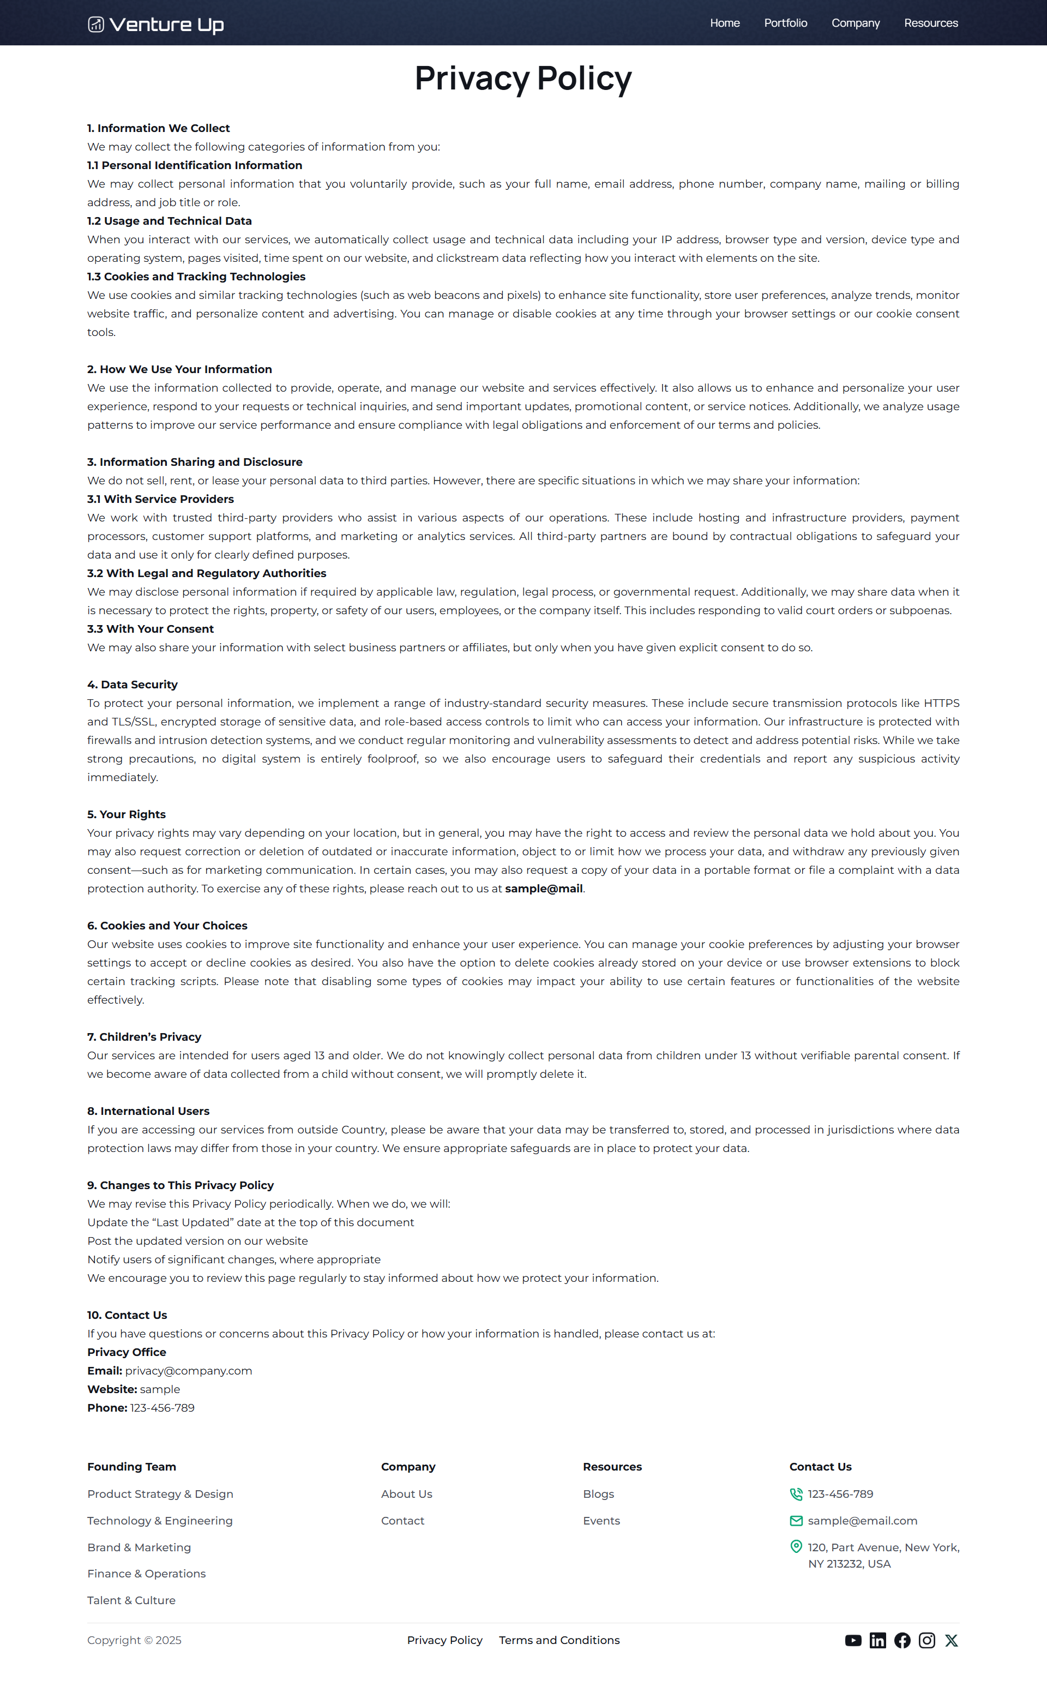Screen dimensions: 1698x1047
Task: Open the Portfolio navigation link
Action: click(x=785, y=23)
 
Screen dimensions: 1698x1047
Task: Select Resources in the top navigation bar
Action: click(x=931, y=23)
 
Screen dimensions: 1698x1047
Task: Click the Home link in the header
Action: click(x=724, y=23)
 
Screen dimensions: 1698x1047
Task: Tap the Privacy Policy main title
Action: click(x=523, y=78)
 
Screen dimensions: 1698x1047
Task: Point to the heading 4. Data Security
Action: click(x=133, y=684)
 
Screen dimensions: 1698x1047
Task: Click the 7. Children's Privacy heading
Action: click(x=144, y=1037)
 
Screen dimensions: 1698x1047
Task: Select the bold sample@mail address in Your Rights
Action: click(x=544, y=889)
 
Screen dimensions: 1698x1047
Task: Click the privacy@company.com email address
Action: click(x=188, y=1370)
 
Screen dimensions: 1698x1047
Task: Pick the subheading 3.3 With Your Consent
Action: click(x=151, y=629)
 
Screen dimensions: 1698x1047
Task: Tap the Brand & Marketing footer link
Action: click(x=139, y=1547)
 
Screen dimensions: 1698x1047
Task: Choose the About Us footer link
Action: click(x=406, y=1493)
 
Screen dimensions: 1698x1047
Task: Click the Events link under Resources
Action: click(x=601, y=1521)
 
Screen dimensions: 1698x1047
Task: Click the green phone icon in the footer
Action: click(x=796, y=1493)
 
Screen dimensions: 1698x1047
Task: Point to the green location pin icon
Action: click(x=796, y=1546)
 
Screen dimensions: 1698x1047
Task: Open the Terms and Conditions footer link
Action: click(x=559, y=1640)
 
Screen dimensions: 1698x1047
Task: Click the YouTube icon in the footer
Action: click(x=853, y=1640)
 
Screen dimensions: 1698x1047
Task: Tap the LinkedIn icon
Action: click(x=877, y=1640)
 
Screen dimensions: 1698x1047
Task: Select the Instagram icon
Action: click(x=926, y=1640)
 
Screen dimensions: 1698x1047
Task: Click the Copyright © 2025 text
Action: click(x=134, y=1640)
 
